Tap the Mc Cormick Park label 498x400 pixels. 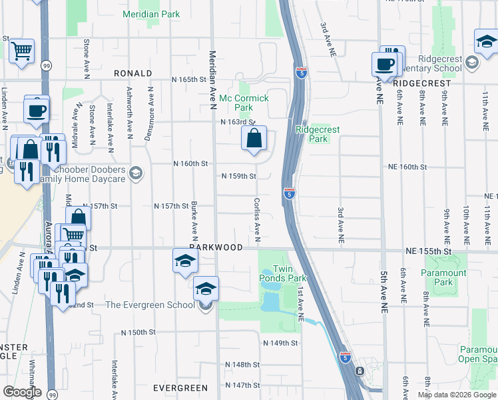(x=244, y=103)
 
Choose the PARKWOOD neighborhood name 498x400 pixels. (x=216, y=247)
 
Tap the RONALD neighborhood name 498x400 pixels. (x=132, y=73)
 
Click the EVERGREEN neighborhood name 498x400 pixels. (x=180, y=388)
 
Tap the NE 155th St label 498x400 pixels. (x=429, y=251)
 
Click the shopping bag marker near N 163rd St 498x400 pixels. (x=254, y=139)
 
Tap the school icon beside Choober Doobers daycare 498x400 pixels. (x=136, y=174)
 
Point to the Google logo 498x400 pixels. (x=22, y=392)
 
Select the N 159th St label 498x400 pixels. (x=240, y=176)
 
